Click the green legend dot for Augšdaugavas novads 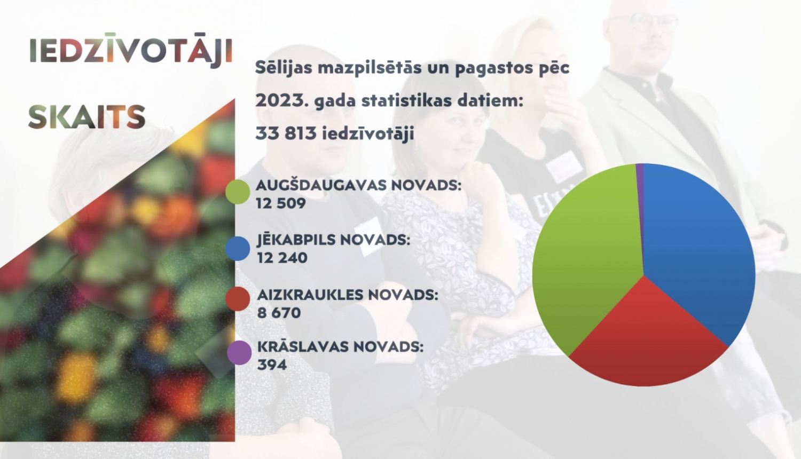238,192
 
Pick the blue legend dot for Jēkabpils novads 238,249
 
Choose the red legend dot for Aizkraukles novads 238,299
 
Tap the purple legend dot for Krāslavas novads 239,353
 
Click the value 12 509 280,203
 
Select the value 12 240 282,258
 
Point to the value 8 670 279,313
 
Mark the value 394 272,365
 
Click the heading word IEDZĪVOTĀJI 131,52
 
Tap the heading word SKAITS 87,117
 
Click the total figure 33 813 286,133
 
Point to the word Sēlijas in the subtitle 283,68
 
